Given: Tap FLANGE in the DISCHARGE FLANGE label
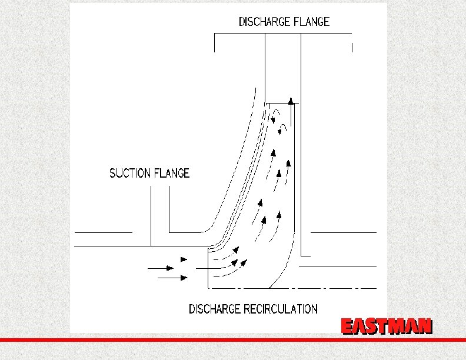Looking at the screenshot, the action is click(x=310, y=22).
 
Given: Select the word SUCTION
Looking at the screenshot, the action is click(x=131, y=173).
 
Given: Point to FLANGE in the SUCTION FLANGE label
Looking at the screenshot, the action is click(x=172, y=173).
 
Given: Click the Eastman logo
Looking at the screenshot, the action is click(x=387, y=326).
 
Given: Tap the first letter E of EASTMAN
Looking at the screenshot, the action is click(x=348, y=326).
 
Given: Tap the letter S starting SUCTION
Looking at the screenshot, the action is click(x=113, y=173).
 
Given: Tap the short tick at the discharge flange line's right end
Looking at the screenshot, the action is click(x=352, y=47).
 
